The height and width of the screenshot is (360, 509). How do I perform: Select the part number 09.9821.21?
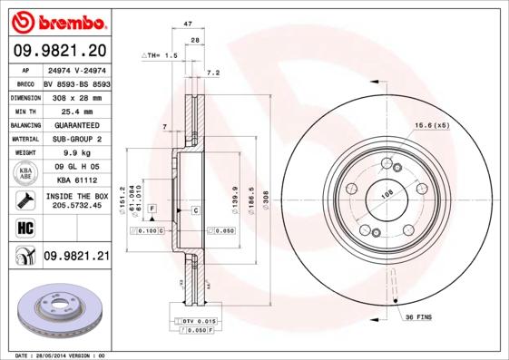click(76, 258)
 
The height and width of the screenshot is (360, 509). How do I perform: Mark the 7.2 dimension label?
click(213, 72)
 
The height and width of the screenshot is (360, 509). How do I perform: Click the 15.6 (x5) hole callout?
click(432, 124)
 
